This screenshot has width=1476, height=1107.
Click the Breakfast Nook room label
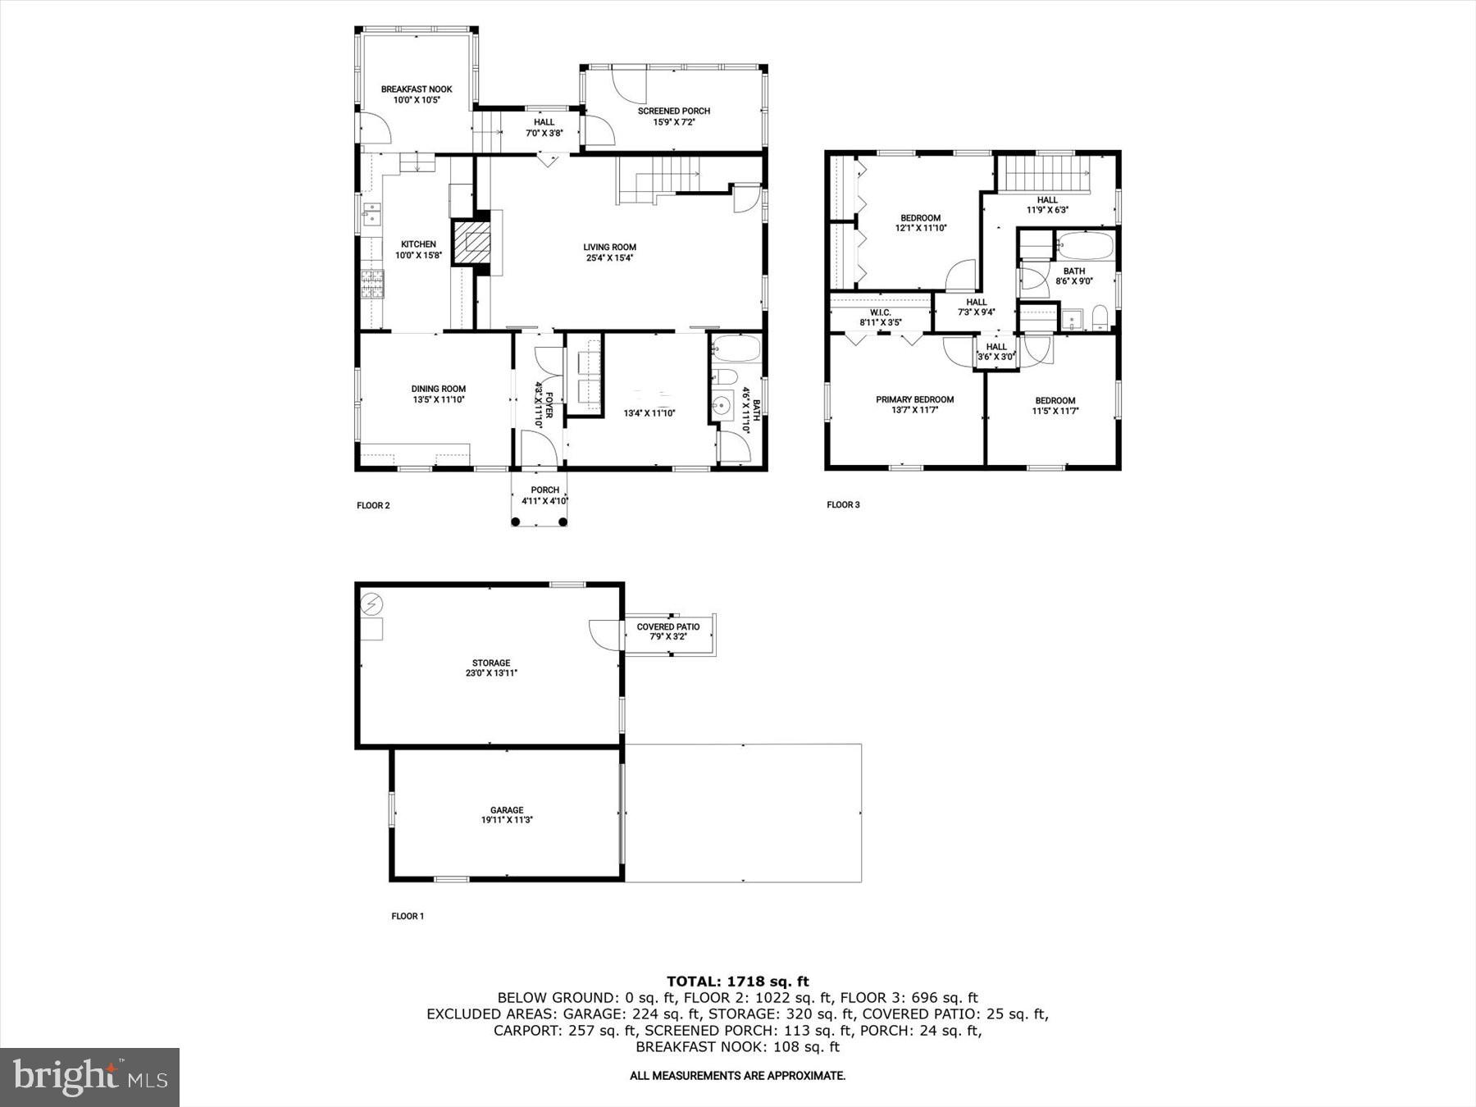[x=417, y=89]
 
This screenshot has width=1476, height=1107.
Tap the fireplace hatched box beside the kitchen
[x=472, y=242]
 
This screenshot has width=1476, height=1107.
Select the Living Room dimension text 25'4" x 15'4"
[x=609, y=257]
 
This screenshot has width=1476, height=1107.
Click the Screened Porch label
[x=674, y=111]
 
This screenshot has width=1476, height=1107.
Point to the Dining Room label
[x=438, y=389]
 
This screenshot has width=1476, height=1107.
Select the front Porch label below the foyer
[x=544, y=490]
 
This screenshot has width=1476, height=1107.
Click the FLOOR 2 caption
[x=373, y=505]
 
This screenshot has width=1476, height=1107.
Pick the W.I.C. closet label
[x=880, y=312]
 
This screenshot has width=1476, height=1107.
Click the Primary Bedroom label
[x=914, y=400]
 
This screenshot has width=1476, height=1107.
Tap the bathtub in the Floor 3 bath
[x=1085, y=245]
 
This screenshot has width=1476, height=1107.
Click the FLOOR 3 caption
[x=843, y=504]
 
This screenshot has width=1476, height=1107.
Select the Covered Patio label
[x=668, y=627]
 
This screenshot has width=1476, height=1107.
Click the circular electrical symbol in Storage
[x=371, y=604]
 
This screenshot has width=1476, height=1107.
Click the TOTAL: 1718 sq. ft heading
[x=737, y=981]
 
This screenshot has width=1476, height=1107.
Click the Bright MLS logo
[x=89, y=1077]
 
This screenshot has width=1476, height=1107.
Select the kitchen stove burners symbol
[x=371, y=284]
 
